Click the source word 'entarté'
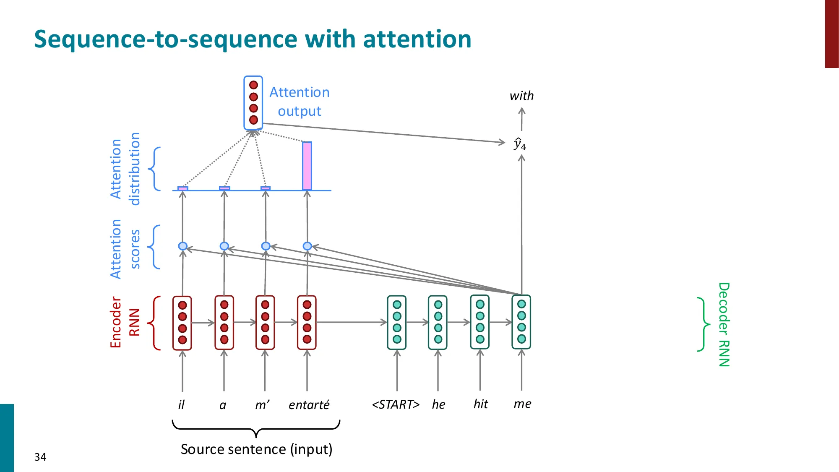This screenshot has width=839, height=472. (309, 405)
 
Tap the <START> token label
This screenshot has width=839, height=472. (396, 404)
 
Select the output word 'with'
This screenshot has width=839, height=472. (521, 96)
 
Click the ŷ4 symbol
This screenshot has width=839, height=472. (520, 144)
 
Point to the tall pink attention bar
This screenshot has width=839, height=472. (307, 166)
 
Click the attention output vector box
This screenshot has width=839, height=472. (253, 102)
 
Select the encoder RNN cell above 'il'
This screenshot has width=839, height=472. (182, 322)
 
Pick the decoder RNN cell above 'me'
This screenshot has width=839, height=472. (521, 322)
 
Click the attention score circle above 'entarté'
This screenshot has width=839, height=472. (307, 246)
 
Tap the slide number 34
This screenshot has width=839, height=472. (40, 457)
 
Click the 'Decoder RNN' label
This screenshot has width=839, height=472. (724, 324)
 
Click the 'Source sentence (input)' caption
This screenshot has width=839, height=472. (256, 449)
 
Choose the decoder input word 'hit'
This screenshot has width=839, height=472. (481, 404)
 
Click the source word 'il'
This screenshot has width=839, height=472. (181, 405)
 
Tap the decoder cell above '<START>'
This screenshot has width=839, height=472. (397, 322)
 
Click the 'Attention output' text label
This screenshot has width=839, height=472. (300, 102)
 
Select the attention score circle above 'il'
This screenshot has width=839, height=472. (182, 246)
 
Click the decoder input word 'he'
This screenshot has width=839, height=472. (438, 404)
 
